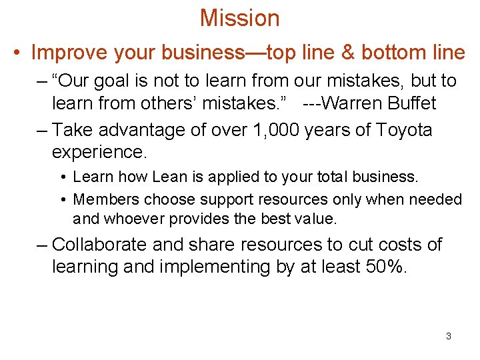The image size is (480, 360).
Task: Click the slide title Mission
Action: coord(239,18)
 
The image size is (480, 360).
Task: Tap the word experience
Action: coord(99,153)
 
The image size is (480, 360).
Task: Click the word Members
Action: coord(103,199)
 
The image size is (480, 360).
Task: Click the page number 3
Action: coord(448,336)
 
